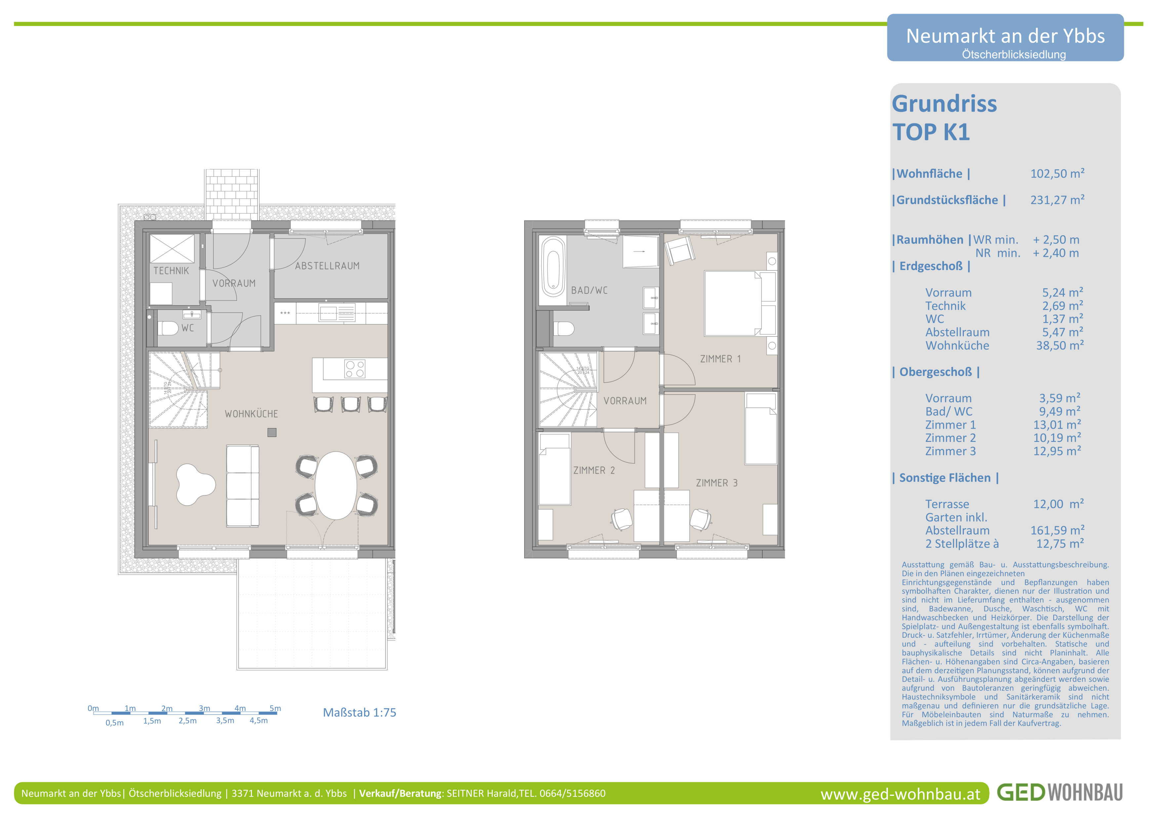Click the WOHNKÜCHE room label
[252, 414]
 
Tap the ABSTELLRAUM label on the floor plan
[328, 266]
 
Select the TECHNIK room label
[171, 271]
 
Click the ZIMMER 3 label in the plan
[717, 483]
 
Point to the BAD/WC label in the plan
[589, 291]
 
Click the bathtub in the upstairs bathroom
[553, 267]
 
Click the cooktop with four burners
[355, 369]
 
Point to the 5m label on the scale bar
[275, 708]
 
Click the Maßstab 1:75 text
[359, 713]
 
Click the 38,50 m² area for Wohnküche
[1060, 345]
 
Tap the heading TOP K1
[931, 132]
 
